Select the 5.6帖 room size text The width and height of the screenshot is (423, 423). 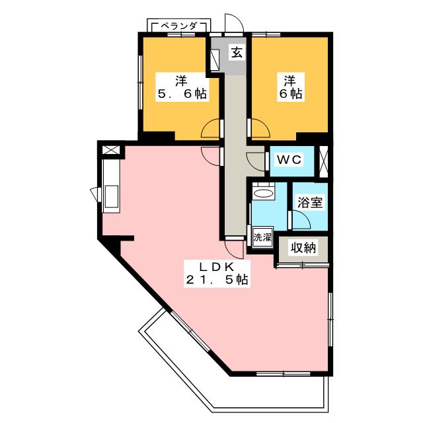click(181, 95)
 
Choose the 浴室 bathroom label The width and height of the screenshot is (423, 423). click(309, 203)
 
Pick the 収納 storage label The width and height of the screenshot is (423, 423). click(303, 248)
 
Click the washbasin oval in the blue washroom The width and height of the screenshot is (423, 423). click(264, 194)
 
